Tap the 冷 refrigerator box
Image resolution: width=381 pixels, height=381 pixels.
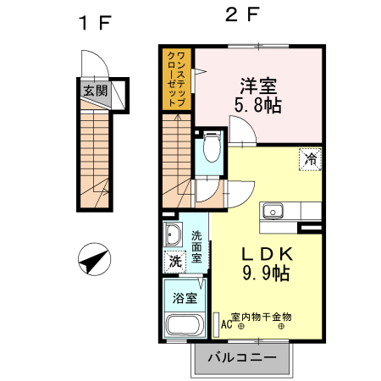tap(311, 157)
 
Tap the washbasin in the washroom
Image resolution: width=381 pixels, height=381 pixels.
tap(174, 235)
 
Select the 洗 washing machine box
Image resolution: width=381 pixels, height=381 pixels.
tap(174, 262)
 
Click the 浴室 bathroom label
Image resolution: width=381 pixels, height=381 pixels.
tap(185, 298)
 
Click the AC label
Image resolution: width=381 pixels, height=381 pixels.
tap(226, 323)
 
